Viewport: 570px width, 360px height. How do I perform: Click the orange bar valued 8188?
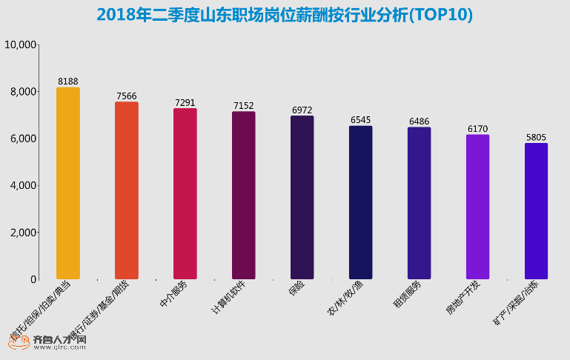tap(67, 183)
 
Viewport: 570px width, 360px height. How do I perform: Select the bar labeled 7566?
tap(126, 190)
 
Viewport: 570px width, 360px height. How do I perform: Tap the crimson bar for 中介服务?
tap(185, 193)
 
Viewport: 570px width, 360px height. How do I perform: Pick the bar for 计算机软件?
tap(243, 195)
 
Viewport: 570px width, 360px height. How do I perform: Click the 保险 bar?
tap(302, 197)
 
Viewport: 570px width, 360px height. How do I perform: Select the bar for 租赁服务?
tap(419, 203)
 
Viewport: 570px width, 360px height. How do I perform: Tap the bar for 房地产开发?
tap(477, 207)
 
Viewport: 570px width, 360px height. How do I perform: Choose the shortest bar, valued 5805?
tap(536, 211)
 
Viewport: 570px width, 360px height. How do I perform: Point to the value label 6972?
tap(302, 110)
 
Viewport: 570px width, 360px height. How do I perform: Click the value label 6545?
tap(360, 119)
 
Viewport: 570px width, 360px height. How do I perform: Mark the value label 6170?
tap(477, 128)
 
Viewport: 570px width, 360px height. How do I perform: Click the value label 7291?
tap(185, 102)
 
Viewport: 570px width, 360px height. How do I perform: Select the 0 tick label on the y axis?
tap(33, 280)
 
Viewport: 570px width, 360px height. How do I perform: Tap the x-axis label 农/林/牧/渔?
tap(345, 299)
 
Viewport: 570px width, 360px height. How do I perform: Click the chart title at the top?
tap(285, 15)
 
